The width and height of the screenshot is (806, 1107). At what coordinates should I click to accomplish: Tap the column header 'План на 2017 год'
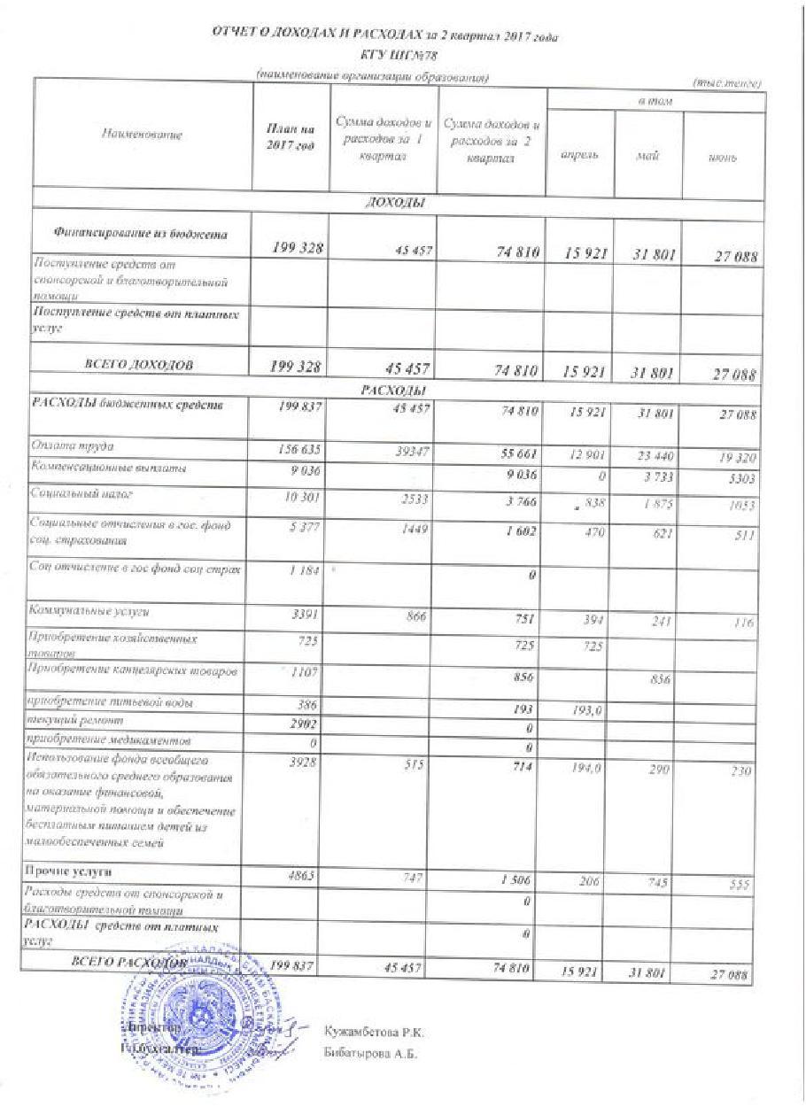click(291, 137)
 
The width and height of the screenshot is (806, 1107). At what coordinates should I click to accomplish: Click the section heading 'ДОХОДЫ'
click(394, 203)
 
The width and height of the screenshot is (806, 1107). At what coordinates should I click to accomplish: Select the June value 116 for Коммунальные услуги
click(741, 623)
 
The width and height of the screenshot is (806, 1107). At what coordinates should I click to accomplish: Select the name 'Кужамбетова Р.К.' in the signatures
click(376, 1032)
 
